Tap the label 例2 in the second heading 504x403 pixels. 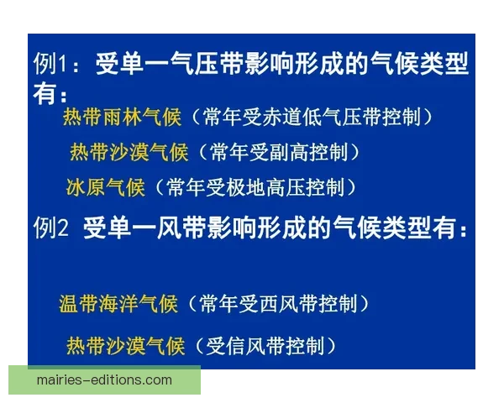pos(50,228)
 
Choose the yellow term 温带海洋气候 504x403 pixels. pos(118,305)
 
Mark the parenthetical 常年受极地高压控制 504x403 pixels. pos(255,186)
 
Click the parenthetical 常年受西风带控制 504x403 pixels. pos(278,305)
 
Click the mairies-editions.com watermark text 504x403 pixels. pos(104,379)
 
